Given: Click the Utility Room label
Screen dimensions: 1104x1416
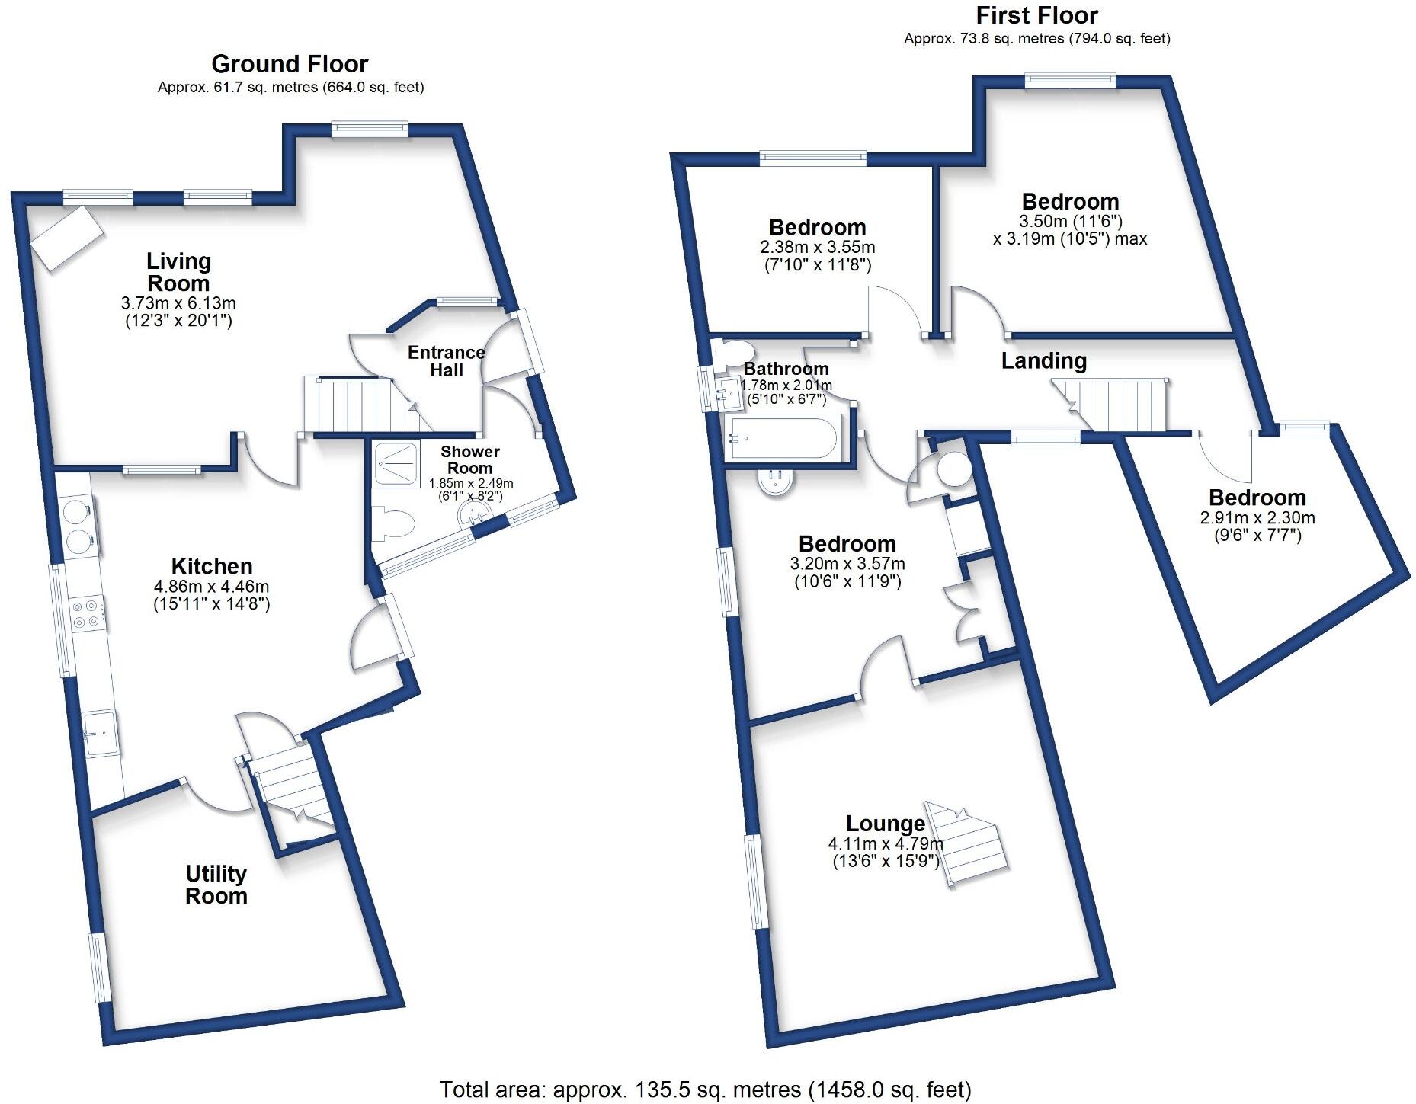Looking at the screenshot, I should (216, 885).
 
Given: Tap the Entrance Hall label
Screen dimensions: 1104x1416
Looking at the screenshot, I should (447, 361).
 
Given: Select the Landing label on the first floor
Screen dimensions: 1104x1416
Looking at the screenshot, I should (1043, 360).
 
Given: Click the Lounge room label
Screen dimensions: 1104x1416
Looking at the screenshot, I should (886, 823).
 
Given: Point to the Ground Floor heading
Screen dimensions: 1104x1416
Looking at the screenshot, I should (290, 63).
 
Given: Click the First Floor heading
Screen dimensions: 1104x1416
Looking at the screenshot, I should (1036, 15).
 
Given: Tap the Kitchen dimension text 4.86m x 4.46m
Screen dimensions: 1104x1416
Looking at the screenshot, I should (212, 587).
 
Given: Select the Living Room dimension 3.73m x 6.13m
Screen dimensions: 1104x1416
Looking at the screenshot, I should (178, 303).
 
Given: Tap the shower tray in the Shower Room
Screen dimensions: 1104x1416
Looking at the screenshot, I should (396, 463).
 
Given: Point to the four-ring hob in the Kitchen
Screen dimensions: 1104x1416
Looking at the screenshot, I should (85, 614).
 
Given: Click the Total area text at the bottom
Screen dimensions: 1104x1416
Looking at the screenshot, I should (705, 1090).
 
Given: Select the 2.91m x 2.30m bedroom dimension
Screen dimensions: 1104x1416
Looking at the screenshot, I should (1257, 518).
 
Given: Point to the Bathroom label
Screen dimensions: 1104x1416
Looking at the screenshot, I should (786, 369).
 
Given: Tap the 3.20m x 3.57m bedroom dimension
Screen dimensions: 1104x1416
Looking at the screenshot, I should (847, 564).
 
